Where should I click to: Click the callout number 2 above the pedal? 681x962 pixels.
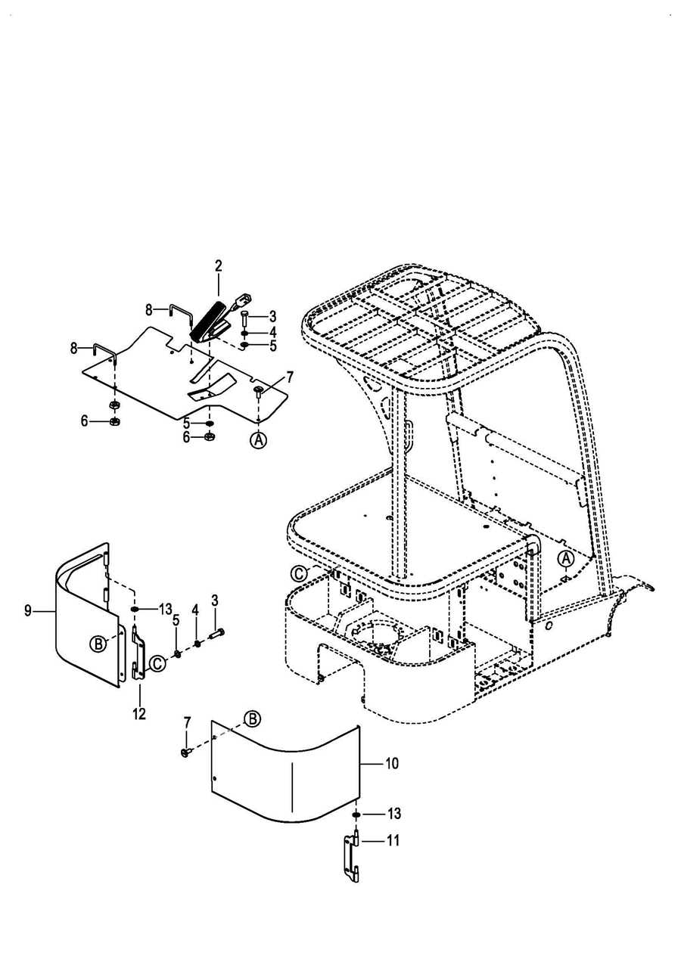pos(218,266)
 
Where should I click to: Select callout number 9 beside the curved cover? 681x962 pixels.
pos(28,610)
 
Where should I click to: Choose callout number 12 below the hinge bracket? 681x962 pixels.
pos(140,714)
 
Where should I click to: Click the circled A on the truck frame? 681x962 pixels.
pos(566,559)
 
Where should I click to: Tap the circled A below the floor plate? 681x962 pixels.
pos(259,439)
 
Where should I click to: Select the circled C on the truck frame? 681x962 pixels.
pos(299,573)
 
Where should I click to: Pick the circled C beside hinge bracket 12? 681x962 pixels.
pos(157,663)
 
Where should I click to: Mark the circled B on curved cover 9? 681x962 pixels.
pos(98,644)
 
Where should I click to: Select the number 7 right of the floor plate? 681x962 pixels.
pos(290,377)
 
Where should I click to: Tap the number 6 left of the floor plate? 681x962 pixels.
pos(84,421)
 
